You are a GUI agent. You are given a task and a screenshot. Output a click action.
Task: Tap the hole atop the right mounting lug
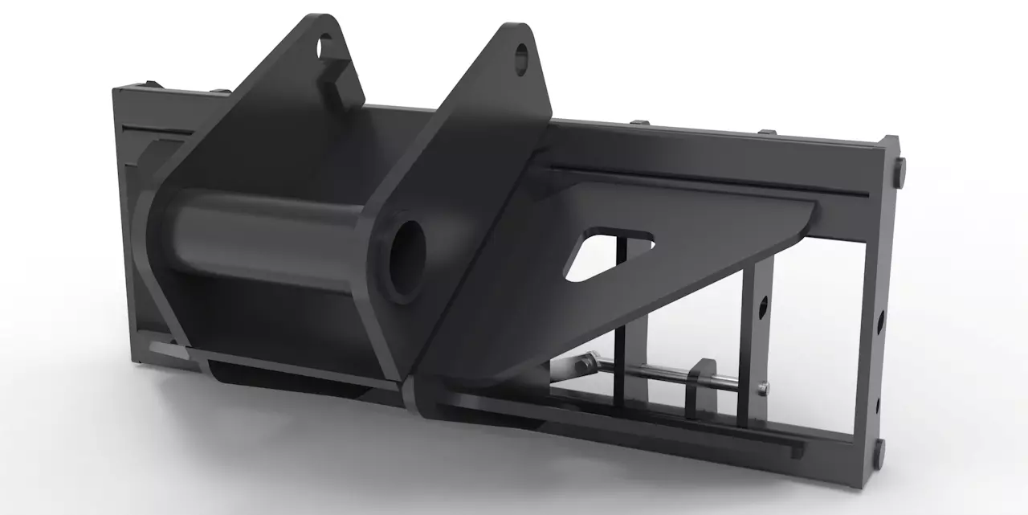(521, 57)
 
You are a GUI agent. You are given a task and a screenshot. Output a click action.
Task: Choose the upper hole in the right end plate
(881, 322)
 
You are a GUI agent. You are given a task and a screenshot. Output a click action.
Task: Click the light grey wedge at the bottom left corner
(165, 348)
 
